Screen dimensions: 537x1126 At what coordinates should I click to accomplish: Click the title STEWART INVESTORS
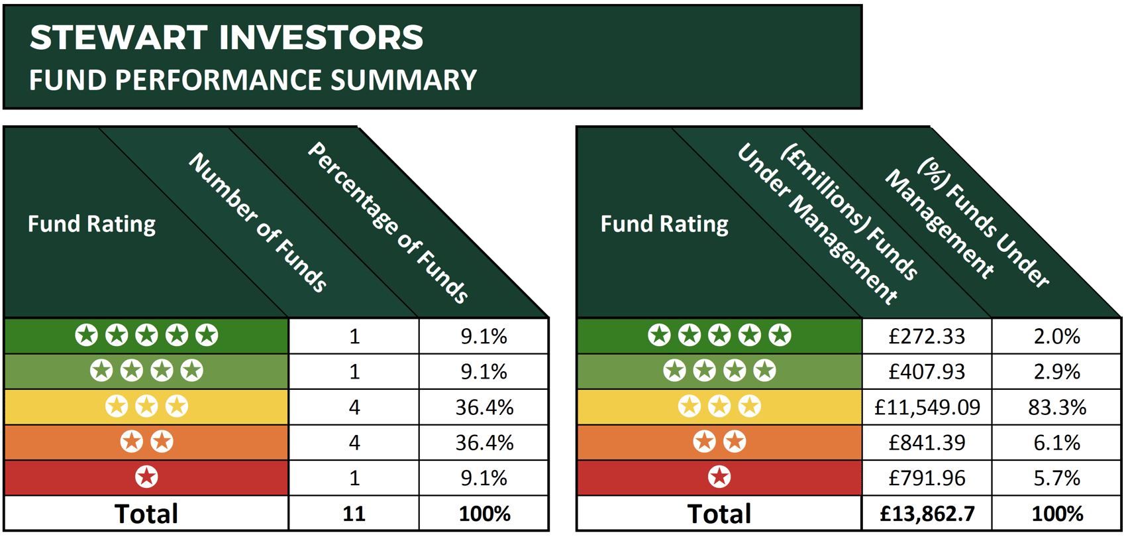226,37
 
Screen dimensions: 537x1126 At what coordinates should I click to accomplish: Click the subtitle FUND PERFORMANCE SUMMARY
252,80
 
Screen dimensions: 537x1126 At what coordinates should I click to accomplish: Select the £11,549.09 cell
927,407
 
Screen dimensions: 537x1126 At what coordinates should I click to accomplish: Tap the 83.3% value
1056,407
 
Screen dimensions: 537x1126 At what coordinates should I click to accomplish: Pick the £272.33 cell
927,336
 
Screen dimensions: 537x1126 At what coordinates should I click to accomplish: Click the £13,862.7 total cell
927,514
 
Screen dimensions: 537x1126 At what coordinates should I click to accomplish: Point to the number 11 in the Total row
354,514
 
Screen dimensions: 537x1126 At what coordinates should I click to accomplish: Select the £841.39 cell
927,442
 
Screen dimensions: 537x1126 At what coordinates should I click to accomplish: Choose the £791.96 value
927,478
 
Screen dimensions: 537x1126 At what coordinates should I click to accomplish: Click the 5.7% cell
1056,478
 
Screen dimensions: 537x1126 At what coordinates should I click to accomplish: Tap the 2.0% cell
1056,336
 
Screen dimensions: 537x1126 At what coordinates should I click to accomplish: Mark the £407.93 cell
927,371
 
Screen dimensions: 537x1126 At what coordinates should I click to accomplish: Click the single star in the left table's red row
146,477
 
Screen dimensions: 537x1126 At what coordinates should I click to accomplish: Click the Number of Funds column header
258,223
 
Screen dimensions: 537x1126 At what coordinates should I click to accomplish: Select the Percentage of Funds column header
388,223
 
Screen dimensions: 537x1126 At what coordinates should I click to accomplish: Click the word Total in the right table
719,514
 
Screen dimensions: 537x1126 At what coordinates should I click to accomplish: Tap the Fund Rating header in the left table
91,224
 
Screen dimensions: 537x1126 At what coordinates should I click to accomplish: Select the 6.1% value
1056,442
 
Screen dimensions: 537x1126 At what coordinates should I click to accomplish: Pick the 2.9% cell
1056,371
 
